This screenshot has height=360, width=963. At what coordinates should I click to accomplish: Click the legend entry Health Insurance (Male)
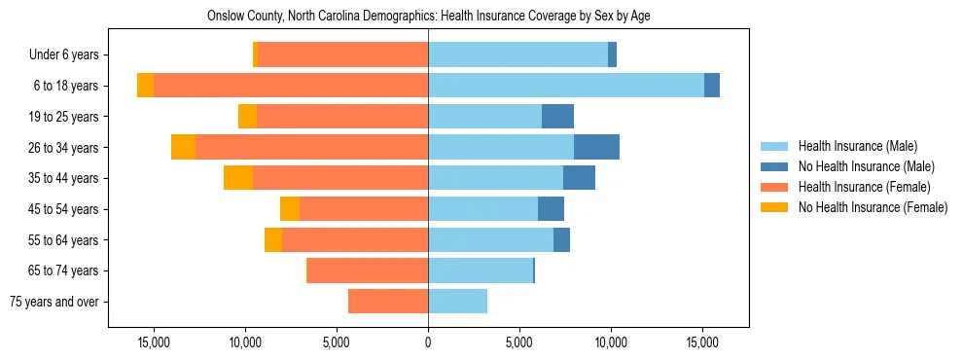pos(857,146)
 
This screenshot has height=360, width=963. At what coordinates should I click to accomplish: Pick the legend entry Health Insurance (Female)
pos(864,187)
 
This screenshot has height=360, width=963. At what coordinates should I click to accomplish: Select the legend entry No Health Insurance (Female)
pos(873,207)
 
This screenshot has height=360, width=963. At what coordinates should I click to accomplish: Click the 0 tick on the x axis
pos(428,342)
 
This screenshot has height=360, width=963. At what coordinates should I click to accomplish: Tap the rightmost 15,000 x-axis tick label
pos(702,342)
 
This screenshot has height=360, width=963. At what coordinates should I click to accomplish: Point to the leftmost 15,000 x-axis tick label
pos(154,342)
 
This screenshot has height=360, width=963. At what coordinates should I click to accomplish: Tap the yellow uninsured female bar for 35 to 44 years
pos(238,178)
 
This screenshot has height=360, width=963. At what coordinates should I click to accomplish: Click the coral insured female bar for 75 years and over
pos(388,302)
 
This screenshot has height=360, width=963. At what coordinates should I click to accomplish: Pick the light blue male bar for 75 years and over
pos(457,302)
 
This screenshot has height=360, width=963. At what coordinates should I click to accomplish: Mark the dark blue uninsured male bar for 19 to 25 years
pos(557,117)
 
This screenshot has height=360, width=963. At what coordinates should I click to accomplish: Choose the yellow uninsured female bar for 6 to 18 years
pos(145,86)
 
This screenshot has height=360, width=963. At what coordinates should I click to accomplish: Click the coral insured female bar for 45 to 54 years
pos(364,209)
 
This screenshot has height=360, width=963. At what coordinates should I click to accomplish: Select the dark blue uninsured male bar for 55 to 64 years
pos(561,240)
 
